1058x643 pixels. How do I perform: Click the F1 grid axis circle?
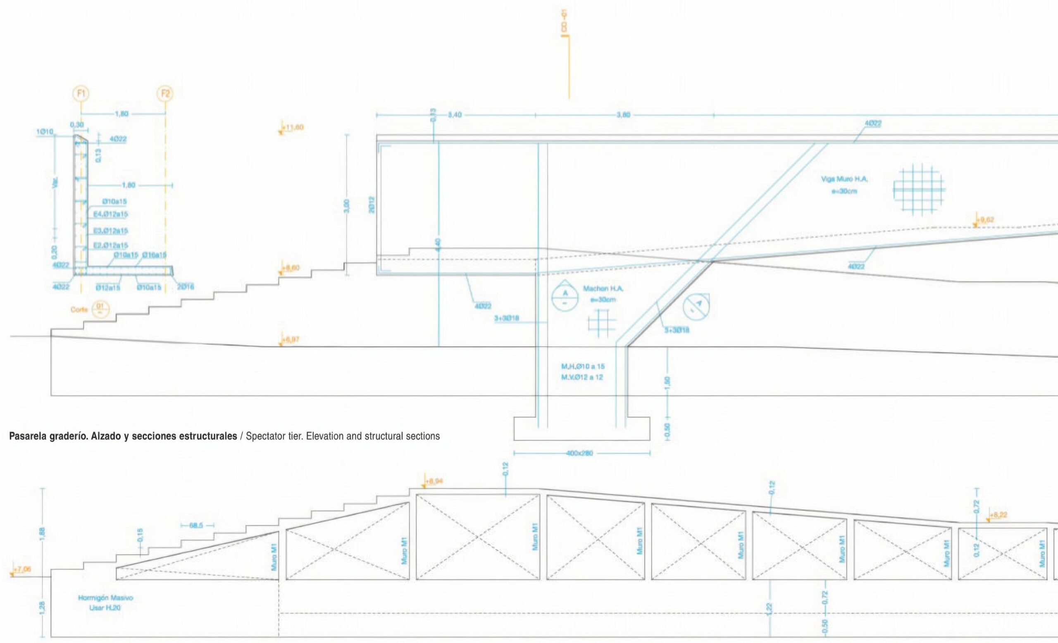pos(81,93)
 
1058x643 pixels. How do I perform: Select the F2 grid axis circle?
pos(165,93)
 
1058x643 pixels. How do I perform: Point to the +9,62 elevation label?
pos(985,220)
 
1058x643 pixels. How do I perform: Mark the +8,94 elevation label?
pos(434,481)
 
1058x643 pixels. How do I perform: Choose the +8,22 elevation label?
pos(998,515)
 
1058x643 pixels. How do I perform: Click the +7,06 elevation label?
pos(22,569)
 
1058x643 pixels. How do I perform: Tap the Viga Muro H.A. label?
pos(844,179)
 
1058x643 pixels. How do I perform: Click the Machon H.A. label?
pos(603,289)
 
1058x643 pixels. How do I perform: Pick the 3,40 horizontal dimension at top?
pos(454,115)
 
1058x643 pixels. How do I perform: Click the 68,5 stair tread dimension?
pos(198,525)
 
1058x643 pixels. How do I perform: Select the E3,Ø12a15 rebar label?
pos(110,231)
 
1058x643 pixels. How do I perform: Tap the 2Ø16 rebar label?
pos(186,287)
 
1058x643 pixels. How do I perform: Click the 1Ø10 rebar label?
pos(45,132)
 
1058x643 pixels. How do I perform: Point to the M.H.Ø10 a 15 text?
pos(583,367)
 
